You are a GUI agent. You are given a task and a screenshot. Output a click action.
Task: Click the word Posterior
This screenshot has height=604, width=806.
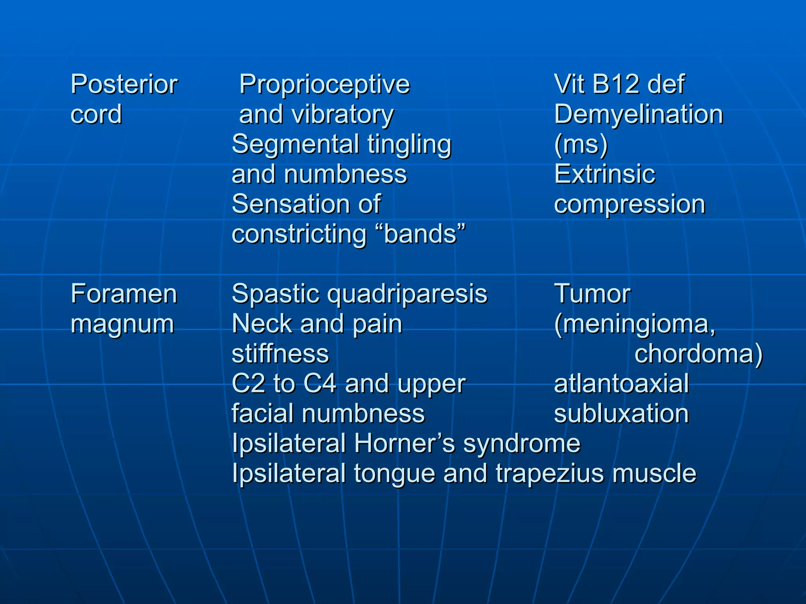coord(124,85)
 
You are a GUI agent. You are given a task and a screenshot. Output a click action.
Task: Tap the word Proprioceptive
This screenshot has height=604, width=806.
coord(325,85)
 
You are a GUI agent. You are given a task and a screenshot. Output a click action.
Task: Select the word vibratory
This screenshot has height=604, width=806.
coord(342,114)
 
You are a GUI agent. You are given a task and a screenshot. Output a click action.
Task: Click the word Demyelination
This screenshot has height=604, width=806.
coord(638,114)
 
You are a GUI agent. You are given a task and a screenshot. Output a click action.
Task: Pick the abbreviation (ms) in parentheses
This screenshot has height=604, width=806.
coord(581,144)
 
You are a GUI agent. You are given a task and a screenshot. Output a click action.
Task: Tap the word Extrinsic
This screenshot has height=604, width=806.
coord(604,174)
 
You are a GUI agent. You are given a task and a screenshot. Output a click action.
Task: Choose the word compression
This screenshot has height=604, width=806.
coord(629,204)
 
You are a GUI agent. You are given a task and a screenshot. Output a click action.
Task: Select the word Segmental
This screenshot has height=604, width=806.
coord(295,144)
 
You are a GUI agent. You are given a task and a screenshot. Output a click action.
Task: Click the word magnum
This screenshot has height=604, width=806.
coord(122,325)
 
